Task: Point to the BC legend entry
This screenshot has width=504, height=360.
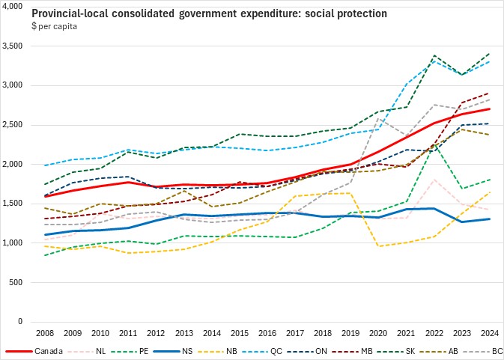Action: click(x=479, y=350)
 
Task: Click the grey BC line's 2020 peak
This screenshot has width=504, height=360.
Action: click(x=378, y=118)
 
